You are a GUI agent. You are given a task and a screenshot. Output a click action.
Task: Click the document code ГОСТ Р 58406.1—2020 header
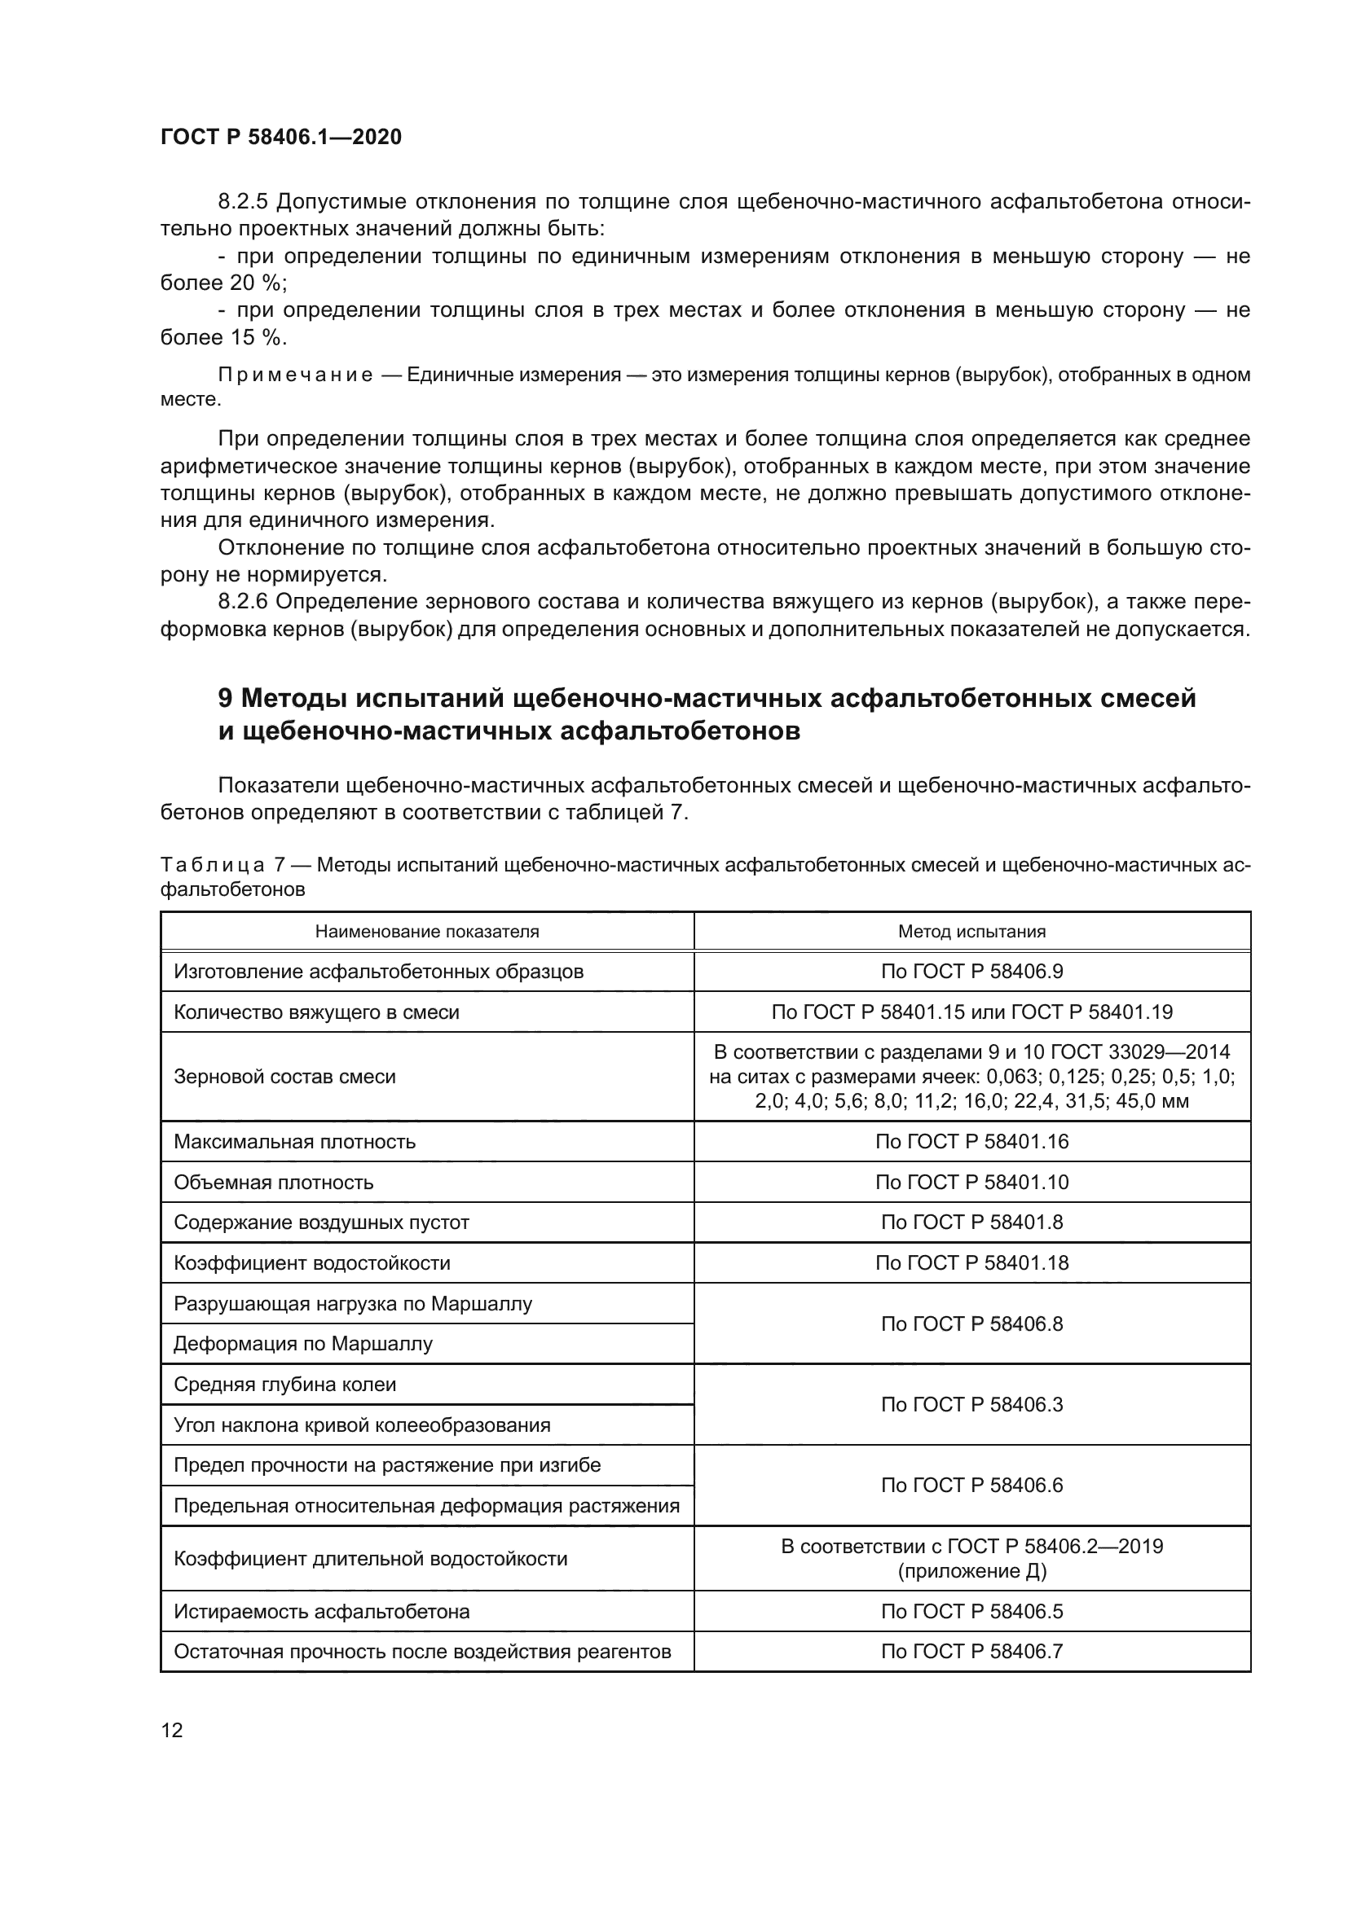click(x=280, y=137)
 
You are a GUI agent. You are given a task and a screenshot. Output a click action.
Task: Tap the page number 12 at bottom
click(x=172, y=1730)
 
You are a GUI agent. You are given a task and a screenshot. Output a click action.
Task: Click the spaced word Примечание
click(x=295, y=375)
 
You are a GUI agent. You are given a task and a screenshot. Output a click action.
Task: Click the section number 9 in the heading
click(x=225, y=699)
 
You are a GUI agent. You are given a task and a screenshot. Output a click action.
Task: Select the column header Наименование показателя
click(x=426, y=931)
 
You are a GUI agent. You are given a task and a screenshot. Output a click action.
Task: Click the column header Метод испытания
click(x=971, y=931)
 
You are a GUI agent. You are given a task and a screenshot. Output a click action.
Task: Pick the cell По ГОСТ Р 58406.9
click(x=971, y=971)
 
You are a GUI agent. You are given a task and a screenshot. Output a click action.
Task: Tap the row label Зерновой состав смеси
click(x=284, y=1076)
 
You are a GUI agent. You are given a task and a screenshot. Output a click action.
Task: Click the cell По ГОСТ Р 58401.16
click(x=971, y=1141)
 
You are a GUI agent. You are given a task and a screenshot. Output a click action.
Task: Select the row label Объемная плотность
click(x=273, y=1182)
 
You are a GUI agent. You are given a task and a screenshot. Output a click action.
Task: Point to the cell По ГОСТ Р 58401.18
click(x=971, y=1263)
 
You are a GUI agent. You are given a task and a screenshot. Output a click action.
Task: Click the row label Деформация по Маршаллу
click(x=303, y=1343)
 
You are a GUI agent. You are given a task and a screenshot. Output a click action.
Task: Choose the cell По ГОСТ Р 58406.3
click(x=971, y=1404)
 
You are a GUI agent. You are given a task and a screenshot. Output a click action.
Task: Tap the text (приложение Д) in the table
click(x=971, y=1570)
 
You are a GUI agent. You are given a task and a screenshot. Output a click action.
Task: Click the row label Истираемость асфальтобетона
click(x=321, y=1611)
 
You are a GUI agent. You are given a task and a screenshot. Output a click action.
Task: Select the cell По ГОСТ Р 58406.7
click(x=971, y=1651)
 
